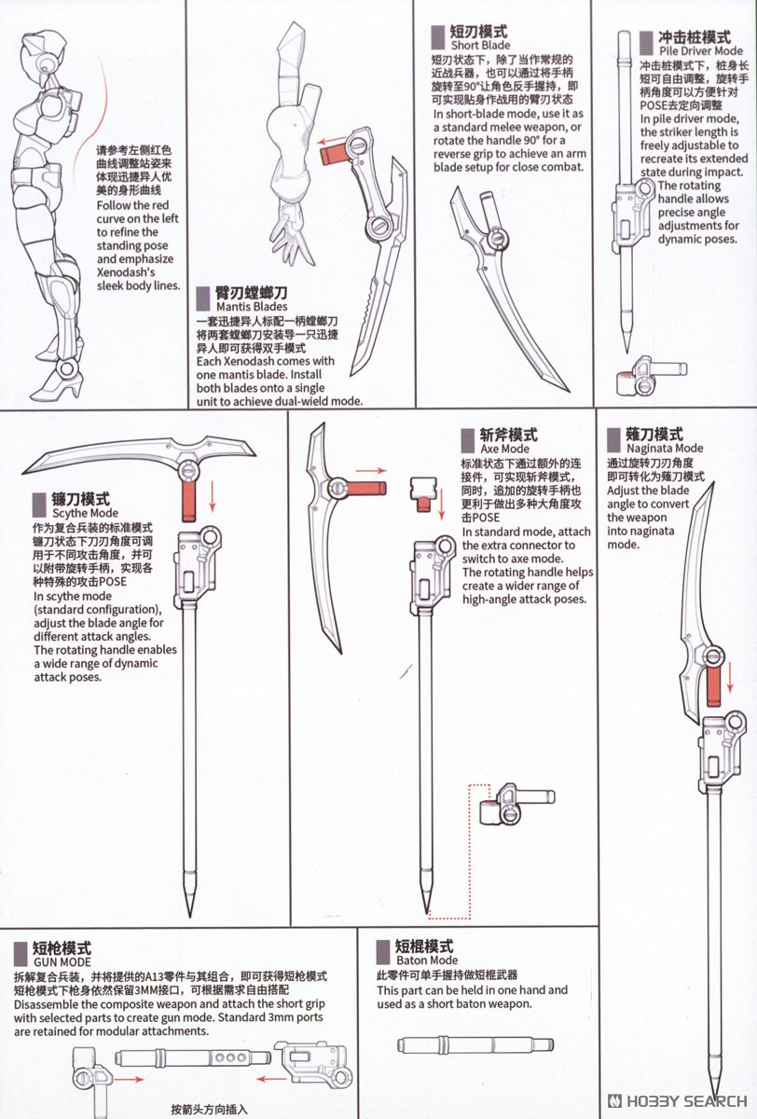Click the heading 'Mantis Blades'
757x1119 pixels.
point(252,307)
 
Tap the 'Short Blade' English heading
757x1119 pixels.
point(480,45)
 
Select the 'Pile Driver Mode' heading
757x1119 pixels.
point(700,51)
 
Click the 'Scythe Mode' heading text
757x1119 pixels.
point(86,513)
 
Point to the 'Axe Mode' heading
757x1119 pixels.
point(504,449)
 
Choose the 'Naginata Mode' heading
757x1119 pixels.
point(665,449)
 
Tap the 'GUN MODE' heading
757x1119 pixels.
point(62,962)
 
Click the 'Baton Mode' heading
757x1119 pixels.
point(427,960)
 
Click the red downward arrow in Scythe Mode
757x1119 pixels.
point(213,496)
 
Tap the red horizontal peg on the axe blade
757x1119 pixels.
point(366,488)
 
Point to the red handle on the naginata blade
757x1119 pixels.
point(713,687)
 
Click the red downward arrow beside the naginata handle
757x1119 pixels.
point(730,677)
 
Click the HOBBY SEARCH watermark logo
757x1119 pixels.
point(678,1101)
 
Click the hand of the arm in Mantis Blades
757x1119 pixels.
point(292,235)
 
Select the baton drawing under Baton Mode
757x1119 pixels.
point(475,1044)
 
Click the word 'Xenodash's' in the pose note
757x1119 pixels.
point(126,272)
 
